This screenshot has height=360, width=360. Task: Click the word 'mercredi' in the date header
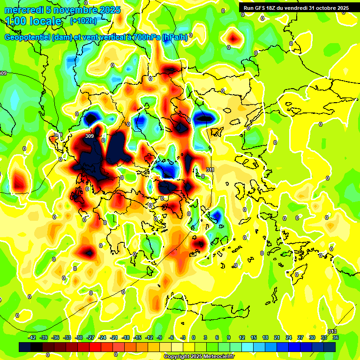click(x=22, y=10)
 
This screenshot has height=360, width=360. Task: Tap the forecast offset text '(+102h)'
click(x=83, y=21)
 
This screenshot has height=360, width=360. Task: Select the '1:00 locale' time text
click(x=33, y=21)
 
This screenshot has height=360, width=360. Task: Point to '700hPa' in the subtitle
click(x=146, y=37)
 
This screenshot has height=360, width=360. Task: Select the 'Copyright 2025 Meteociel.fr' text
click(x=199, y=357)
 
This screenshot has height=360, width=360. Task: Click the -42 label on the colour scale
click(x=32, y=337)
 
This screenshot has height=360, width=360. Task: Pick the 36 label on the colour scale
click(x=335, y=337)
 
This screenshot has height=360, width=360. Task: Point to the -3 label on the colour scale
click(x=183, y=337)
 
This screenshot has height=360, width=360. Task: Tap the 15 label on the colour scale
click(x=253, y=337)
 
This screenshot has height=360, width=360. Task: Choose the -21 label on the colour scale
click(x=114, y=337)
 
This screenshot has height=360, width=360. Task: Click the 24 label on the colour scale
click(x=288, y=337)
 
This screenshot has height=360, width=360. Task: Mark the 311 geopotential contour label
click(x=210, y=170)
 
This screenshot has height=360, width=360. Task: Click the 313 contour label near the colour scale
click(x=332, y=332)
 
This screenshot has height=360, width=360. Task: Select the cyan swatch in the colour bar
click(x=247, y=347)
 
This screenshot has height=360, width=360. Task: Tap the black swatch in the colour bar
click(x=25, y=347)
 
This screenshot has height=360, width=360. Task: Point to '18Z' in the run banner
click(x=275, y=8)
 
